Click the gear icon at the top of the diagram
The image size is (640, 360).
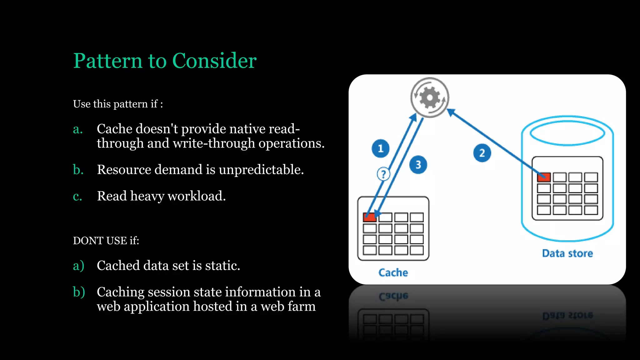pyautogui.click(x=430, y=97)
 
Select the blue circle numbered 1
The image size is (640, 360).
pyautogui.click(x=380, y=148)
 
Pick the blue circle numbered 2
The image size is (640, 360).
pyautogui.click(x=482, y=153)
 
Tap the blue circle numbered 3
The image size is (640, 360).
pyautogui.click(x=418, y=165)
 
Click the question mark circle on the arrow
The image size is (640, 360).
pyautogui.click(x=383, y=174)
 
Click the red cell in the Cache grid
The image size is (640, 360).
pyautogui.click(x=369, y=217)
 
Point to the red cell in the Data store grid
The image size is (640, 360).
pyautogui.click(x=544, y=177)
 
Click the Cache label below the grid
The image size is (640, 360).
pyautogui.click(x=393, y=272)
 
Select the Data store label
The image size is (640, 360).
pyautogui.click(x=567, y=253)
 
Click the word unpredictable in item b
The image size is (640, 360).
pyautogui.click(x=261, y=170)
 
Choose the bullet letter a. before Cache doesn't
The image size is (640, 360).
pyautogui.click(x=78, y=129)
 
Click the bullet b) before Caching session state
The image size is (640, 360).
pyautogui.click(x=79, y=292)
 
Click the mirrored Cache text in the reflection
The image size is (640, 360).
pyautogui.click(x=393, y=296)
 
